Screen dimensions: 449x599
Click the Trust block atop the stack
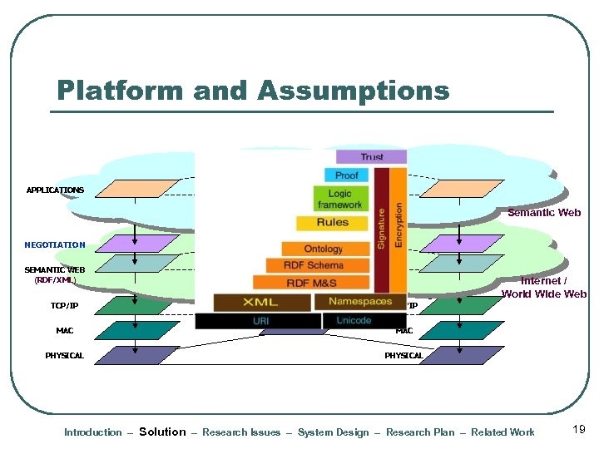point(371,156)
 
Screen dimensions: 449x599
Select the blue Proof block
point(347,175)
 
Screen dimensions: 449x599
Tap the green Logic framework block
point(339,199)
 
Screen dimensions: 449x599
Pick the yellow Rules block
point(333,223)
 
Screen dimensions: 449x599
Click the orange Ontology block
point(324,249)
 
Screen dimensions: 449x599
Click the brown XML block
point(261,302)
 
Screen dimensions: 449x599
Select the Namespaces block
point(360,301)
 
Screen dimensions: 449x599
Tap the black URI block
point(260,321)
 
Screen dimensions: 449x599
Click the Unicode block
point(354,320)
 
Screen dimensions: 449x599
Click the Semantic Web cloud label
point(544,213)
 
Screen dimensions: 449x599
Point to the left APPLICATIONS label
point(55,190)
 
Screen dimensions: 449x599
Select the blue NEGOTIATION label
point(55,245)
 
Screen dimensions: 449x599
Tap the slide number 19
point(580,429)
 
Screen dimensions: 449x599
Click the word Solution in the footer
point(162,432)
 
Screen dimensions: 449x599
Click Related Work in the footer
point(502,432)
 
